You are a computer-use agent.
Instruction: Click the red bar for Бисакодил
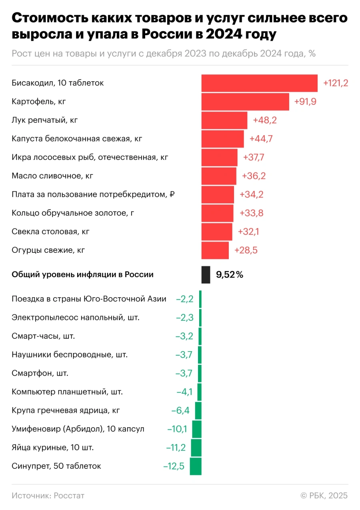point(259,83)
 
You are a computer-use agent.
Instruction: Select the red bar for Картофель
point(245,102)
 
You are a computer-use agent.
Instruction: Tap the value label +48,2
point(265,120)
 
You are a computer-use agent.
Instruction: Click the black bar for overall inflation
point(206,275)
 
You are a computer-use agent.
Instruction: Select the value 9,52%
point(229,275)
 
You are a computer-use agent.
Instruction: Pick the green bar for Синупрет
point(196,466)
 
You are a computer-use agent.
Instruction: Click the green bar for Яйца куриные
point(196,448)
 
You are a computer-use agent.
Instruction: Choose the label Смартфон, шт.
point(40,373)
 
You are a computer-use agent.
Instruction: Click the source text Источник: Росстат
point(48,496)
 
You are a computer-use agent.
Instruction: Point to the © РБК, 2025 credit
point(324,496)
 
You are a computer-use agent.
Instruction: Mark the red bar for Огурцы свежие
point(215,250)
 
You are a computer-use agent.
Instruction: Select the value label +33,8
point(251,213)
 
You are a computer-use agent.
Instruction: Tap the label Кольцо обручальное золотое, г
point(73,213)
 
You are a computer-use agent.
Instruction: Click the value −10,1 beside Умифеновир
point(177,429)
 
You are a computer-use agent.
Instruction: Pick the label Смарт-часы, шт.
point(43,336)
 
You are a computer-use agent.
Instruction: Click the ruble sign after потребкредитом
point(172,194)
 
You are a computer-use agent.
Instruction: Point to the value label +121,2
point(336,83)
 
